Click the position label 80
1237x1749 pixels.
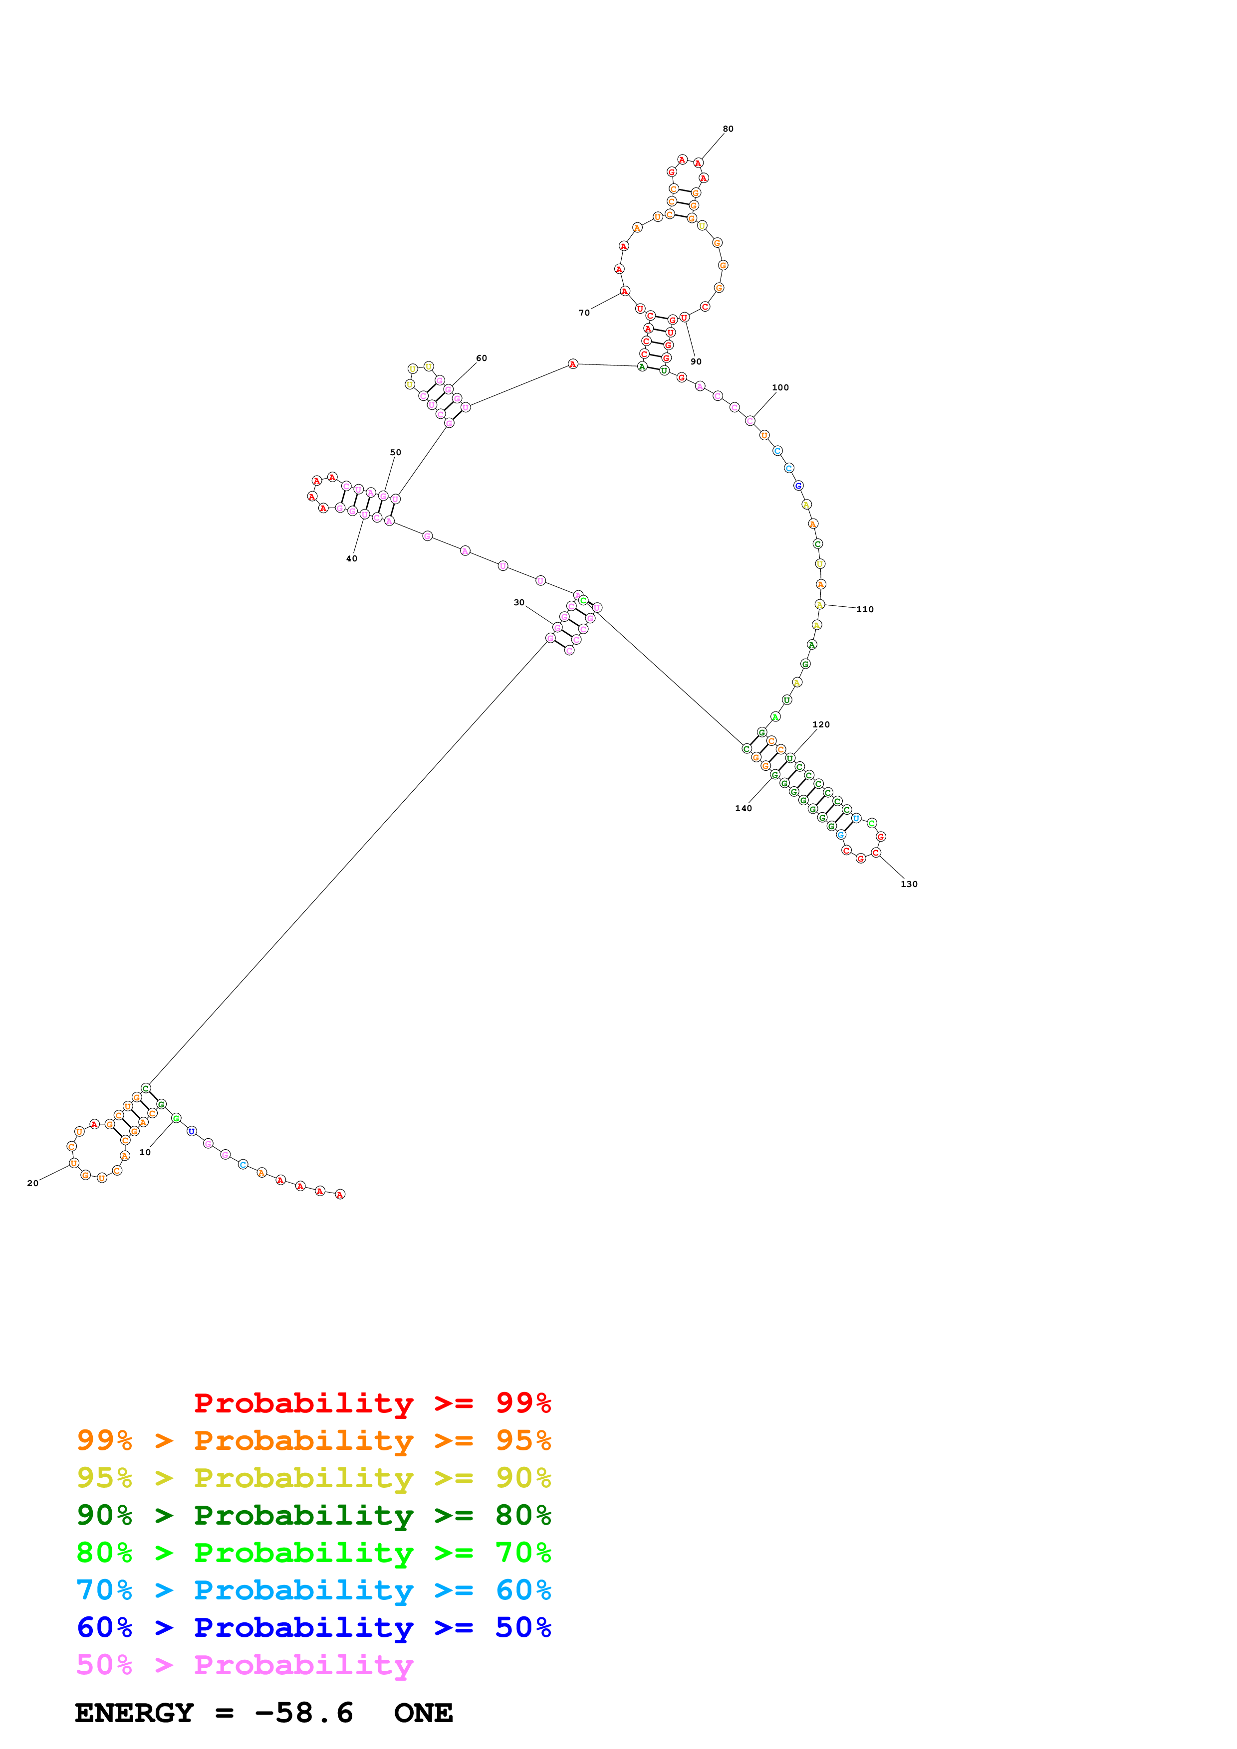[728, 129]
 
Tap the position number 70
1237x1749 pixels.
[584, 312]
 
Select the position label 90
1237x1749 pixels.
[696, 361]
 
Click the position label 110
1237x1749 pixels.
[865, 609]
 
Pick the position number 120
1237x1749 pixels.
[821, 724]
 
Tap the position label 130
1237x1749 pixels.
[909, 883]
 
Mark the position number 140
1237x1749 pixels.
[743, 808]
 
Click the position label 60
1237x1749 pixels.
[482, 358]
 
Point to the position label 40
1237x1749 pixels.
[351, 558]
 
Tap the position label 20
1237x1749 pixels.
[33, 1183]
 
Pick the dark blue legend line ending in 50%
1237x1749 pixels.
[313, 1627]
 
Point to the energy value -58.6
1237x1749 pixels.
[304, 1713]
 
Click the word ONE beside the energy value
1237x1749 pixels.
[423, 1713]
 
